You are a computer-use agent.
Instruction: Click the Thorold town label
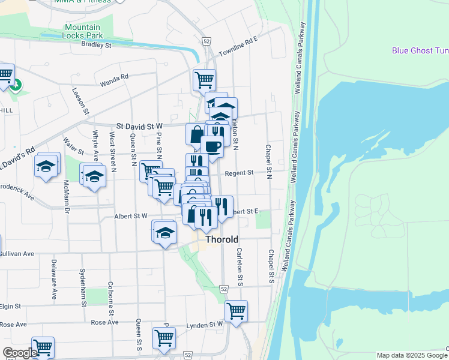click(x=222, y=239)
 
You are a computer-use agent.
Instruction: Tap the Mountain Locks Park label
click(x=83, y=31)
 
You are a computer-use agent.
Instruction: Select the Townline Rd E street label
click(x=238, y=46)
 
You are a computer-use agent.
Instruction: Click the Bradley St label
click(x=97, y=44)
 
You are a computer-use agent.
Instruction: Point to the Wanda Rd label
click(x=114, y=77)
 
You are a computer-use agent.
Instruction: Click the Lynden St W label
click(x=207, y=324)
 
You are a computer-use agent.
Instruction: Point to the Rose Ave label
click(x=104, y=323)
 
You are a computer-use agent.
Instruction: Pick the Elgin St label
click(x=11, y=306)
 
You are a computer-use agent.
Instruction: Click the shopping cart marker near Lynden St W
click(x=236, y=311)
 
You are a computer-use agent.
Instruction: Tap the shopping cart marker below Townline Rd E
click(x=204, y=79)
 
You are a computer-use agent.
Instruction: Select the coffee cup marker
click(x=211, y=146)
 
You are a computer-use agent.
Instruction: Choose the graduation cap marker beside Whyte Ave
click(x=94, y=176)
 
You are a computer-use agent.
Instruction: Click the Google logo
click(x=20, y=353)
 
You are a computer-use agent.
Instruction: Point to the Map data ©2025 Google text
click(x=411, y=355)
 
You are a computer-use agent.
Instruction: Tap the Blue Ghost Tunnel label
click(x=421, y=50)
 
